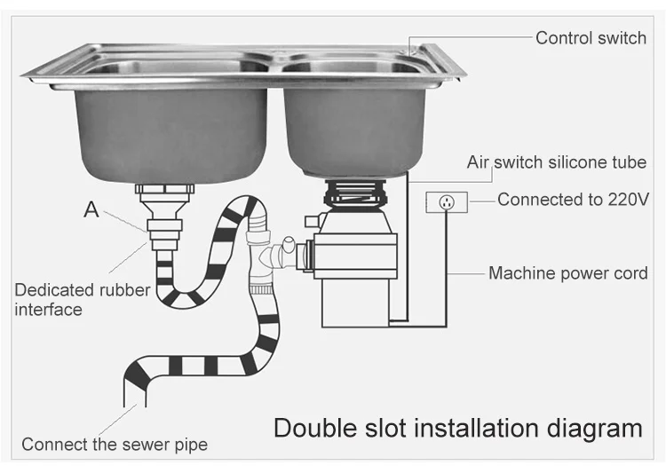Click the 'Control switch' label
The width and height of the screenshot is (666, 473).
pos(590,38)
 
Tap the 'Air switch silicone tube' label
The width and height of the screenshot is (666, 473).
pos(557,162)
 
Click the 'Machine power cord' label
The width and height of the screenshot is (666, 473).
pos(567,273)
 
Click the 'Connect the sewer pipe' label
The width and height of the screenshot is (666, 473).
pos(115,444)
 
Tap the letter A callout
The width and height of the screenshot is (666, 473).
pos(91,210)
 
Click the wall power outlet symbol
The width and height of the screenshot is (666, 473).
pos(447,201)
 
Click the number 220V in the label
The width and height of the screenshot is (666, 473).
pos(622,200)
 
